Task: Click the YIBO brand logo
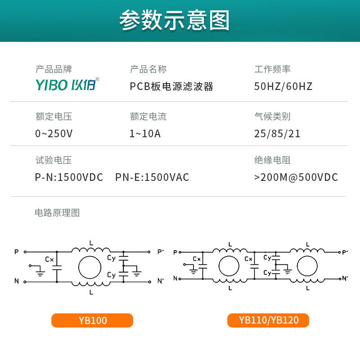coord(67,85)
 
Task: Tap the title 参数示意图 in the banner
coord(175,21)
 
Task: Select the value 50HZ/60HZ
coord(283,86)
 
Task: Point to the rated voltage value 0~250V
coord(54,134)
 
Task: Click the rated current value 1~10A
coord(145,134)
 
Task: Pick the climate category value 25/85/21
coord(277,134)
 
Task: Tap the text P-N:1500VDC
coord(69,177)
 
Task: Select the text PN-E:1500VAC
coord(152,177)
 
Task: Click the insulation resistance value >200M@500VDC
coord(296,177)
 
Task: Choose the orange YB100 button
coord(92,320)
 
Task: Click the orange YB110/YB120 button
coord(268,320)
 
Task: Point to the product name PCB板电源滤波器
coord(171,86)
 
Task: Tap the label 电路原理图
coord(57,213)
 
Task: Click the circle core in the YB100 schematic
coord(91,267)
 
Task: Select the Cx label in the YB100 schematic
coord(49,259)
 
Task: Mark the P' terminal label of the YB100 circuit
coord(161,252)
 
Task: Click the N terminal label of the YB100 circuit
coord(17,282)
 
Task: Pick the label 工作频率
coord(272,69)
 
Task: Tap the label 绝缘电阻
coord(272,160)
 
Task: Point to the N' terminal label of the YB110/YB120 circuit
coord(345,279)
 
